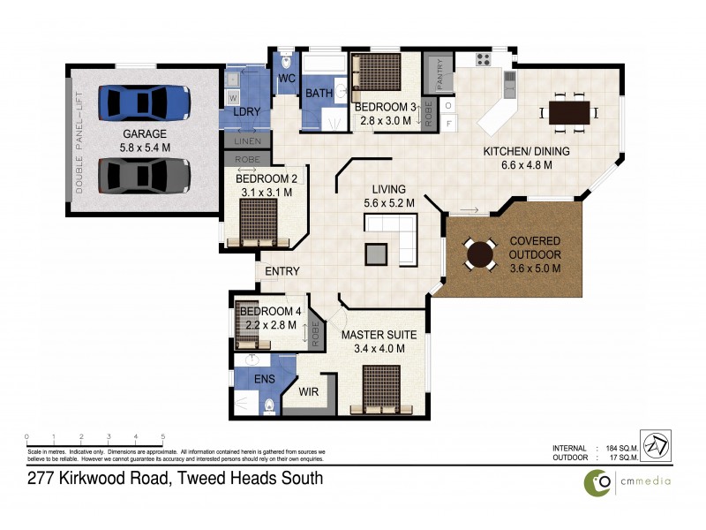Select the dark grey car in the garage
[x=144, y=174]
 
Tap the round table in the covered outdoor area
[x=481, y=255]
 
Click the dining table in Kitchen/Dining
[x=568, y=112]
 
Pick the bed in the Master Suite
[x=382, y=389]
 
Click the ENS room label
[x=265, y=379]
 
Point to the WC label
[x=286, y=79]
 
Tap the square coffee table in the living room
[x=377, y=254]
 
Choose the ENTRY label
[x=282, y=271]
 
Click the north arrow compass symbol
[x=655, y=446]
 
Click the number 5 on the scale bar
[x=162, y=436]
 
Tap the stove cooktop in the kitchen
[x=483, y=60]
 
